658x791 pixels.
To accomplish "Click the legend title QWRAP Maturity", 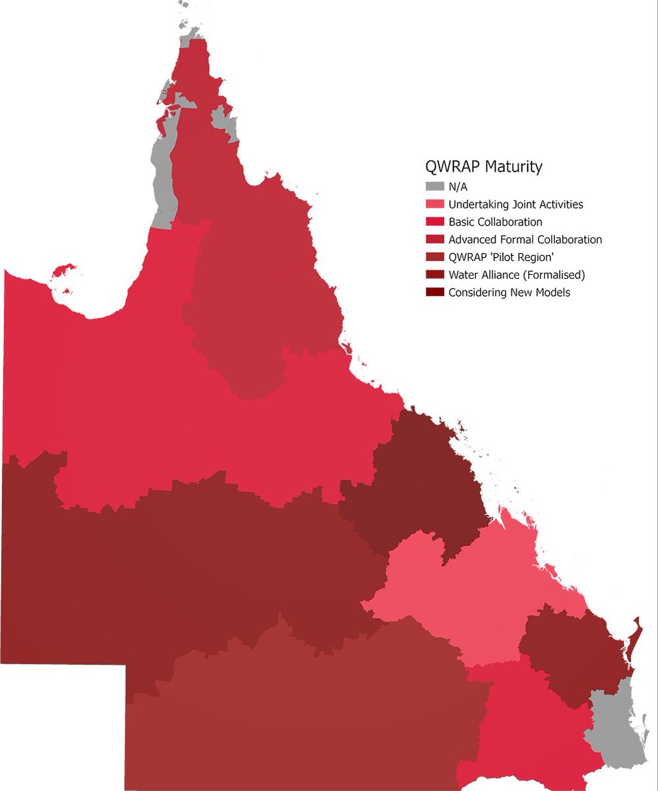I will (x=484, y=167).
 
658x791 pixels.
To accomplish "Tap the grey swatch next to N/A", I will (x=434, y=187).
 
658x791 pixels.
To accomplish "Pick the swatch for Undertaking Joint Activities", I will (x=434, y=204).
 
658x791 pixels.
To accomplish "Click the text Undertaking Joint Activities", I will (x=516, y=204).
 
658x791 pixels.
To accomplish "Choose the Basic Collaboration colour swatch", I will (x=434, y=222).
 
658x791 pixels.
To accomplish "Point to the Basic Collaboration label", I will (x=495, y=222).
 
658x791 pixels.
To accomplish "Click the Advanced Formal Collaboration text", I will (x=525, y=240).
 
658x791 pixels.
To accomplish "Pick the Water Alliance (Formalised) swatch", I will (x=434, y=275).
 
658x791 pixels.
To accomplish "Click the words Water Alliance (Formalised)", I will (x=516, y=275).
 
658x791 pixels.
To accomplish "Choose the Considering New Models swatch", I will (x=434, y=293).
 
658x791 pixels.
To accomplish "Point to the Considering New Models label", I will (x=509, y=293).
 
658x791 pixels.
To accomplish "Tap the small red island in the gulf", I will (x=64, y=270).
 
